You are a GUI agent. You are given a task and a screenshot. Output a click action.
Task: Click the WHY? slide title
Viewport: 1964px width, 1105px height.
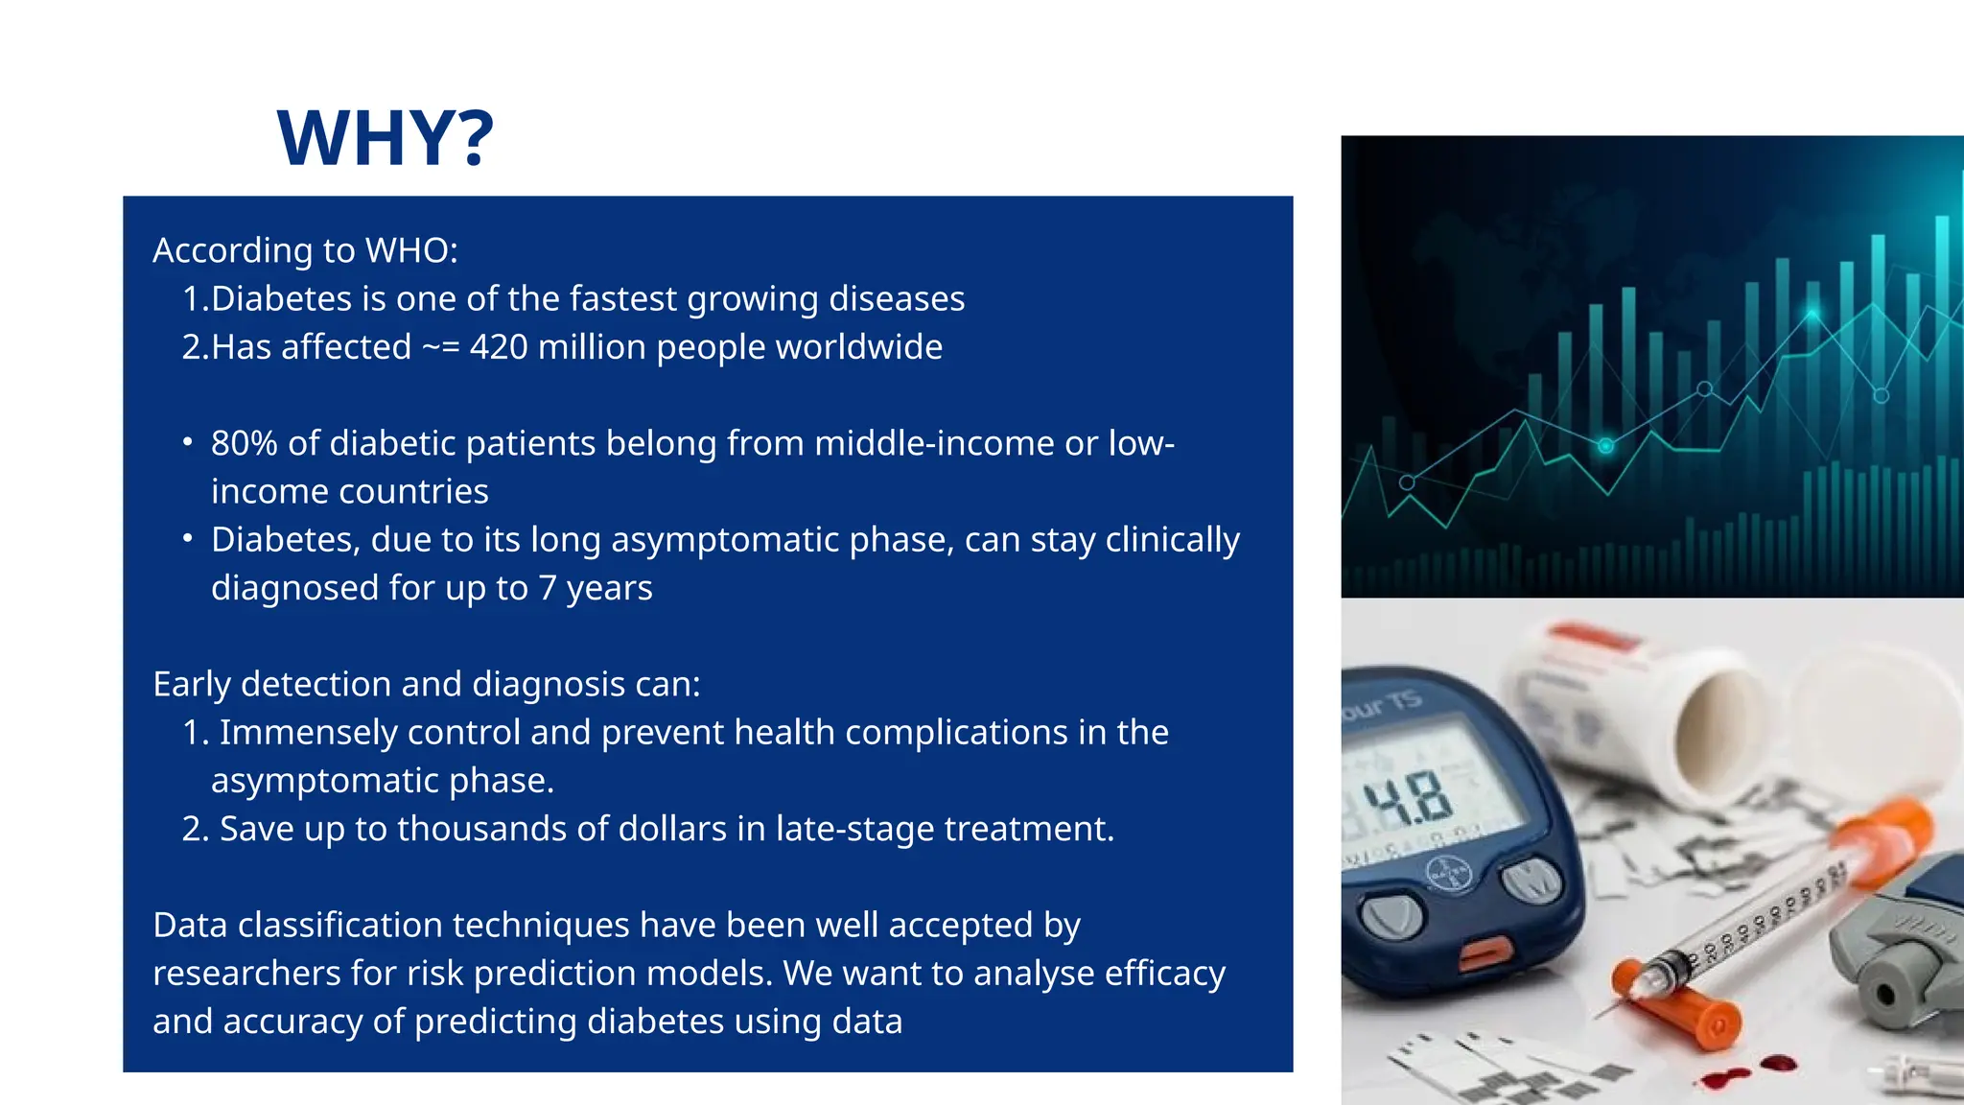pyautogui.click(x=386, y=138)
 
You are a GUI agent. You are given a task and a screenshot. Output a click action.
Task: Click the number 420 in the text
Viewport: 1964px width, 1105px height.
pyautogui.click(x=498, y=347)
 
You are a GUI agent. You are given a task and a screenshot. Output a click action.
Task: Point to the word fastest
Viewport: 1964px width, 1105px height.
pyautogui.click(x=623, y=299)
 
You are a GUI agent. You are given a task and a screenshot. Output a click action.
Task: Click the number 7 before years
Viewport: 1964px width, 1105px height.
pyautogui.click(x=547, y=588)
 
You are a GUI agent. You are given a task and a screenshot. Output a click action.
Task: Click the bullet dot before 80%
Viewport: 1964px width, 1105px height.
pyautogui.click(x=188, y=443)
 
